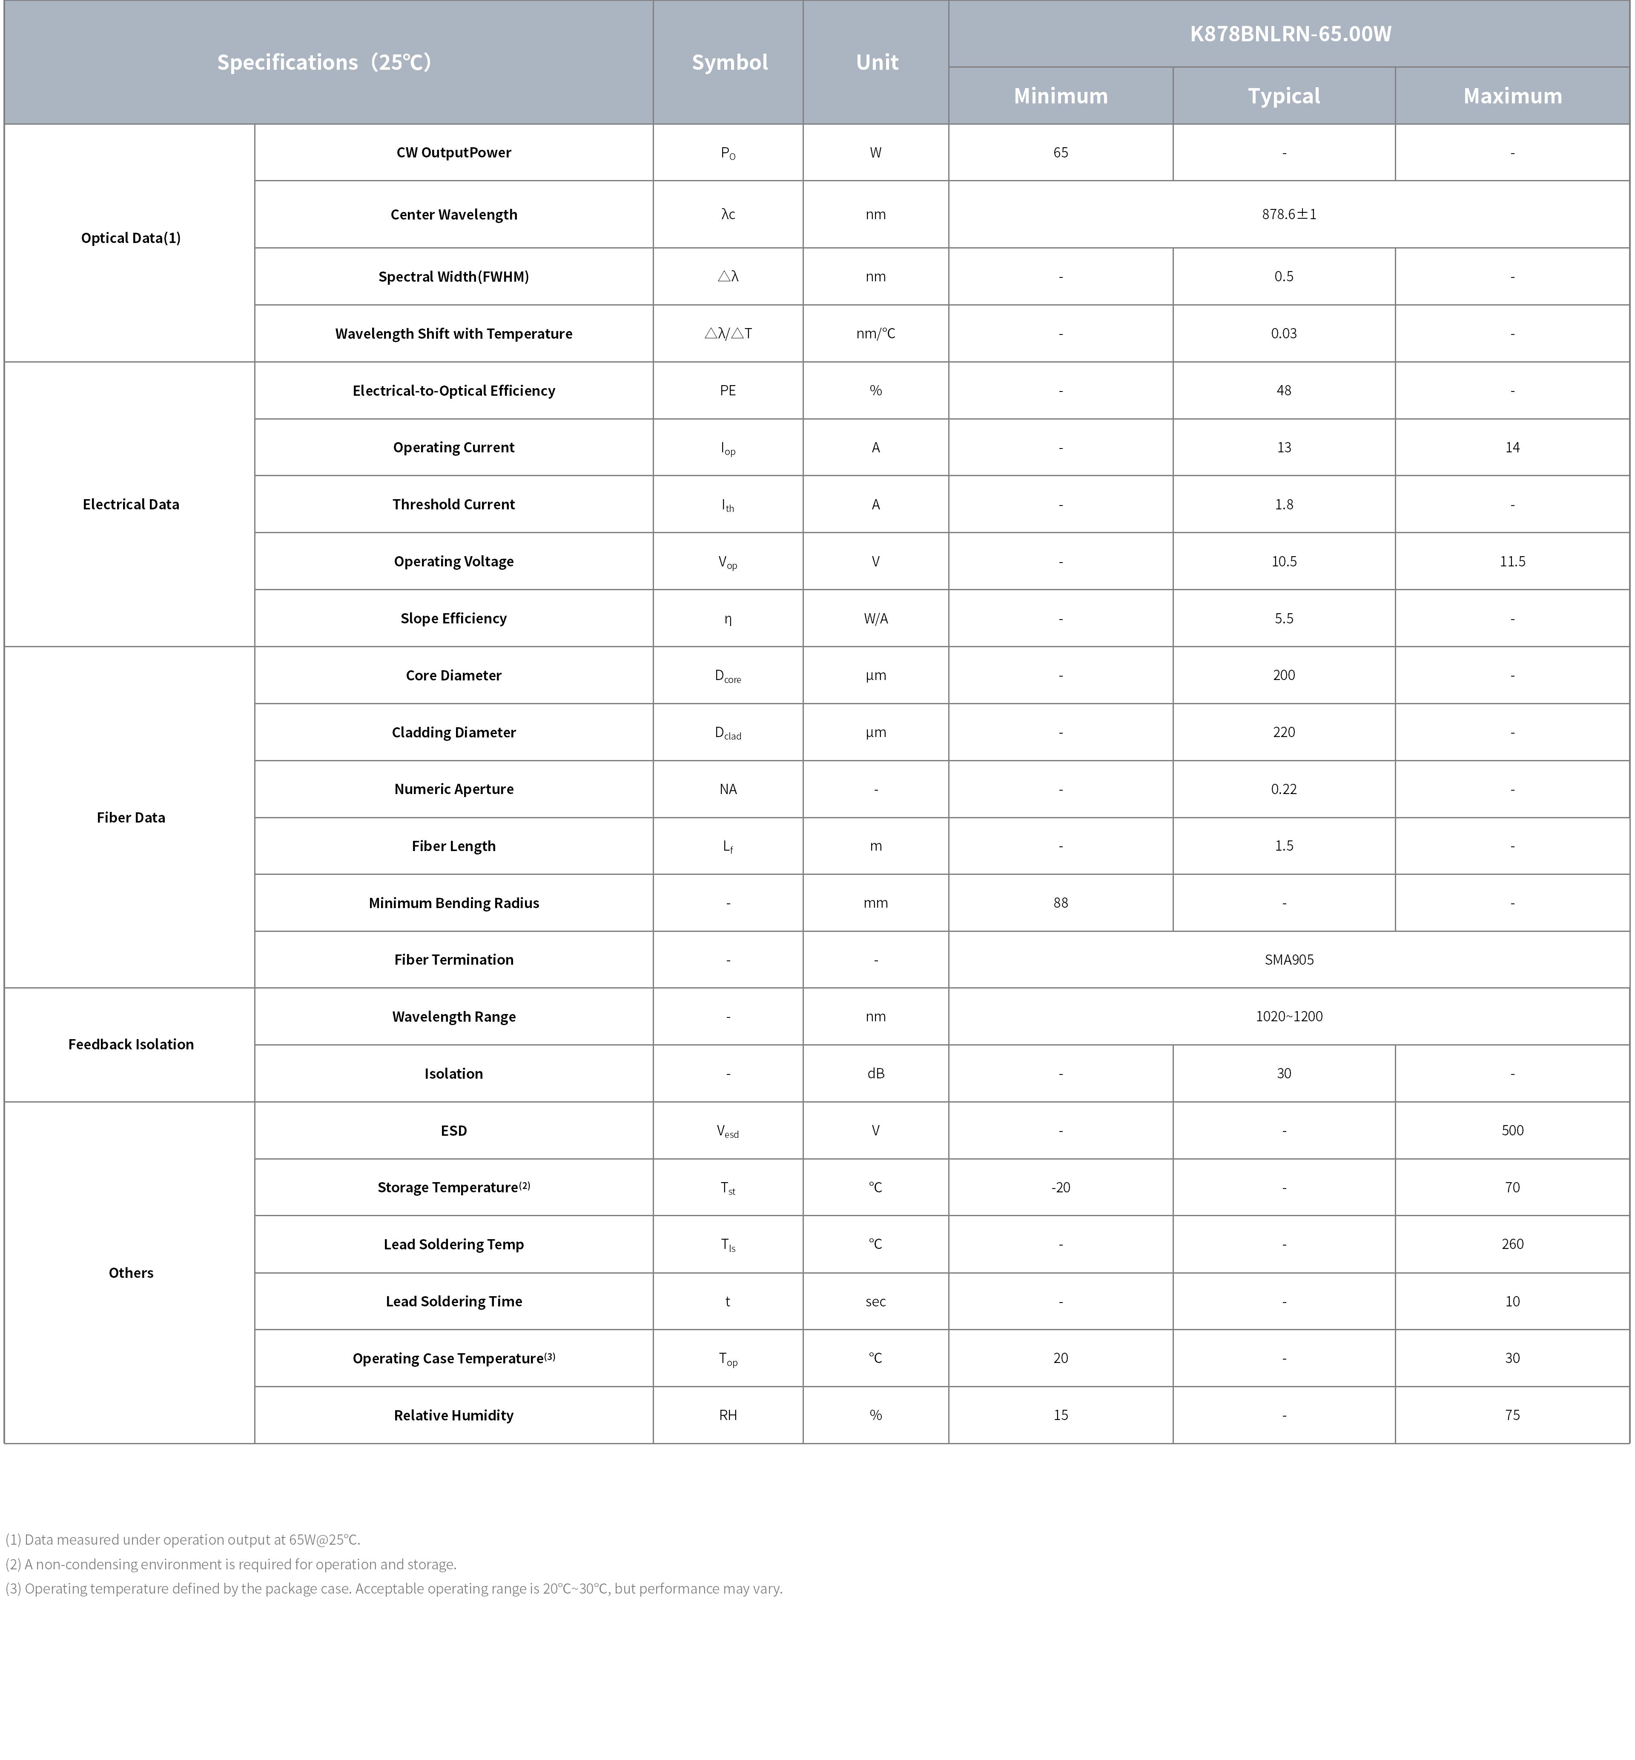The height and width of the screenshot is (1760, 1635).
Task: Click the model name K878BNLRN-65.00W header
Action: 1289,34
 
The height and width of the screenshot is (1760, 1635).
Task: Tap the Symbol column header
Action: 729,62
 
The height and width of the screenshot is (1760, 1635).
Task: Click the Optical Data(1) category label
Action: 131,238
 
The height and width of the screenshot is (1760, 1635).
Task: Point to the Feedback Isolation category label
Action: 131,1045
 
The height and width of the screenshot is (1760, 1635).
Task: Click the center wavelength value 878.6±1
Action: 1289,214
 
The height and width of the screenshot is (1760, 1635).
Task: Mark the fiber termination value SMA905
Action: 1289,960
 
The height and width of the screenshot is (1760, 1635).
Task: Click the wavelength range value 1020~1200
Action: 1289,1016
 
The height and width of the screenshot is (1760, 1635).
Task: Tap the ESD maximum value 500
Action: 1512,1130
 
